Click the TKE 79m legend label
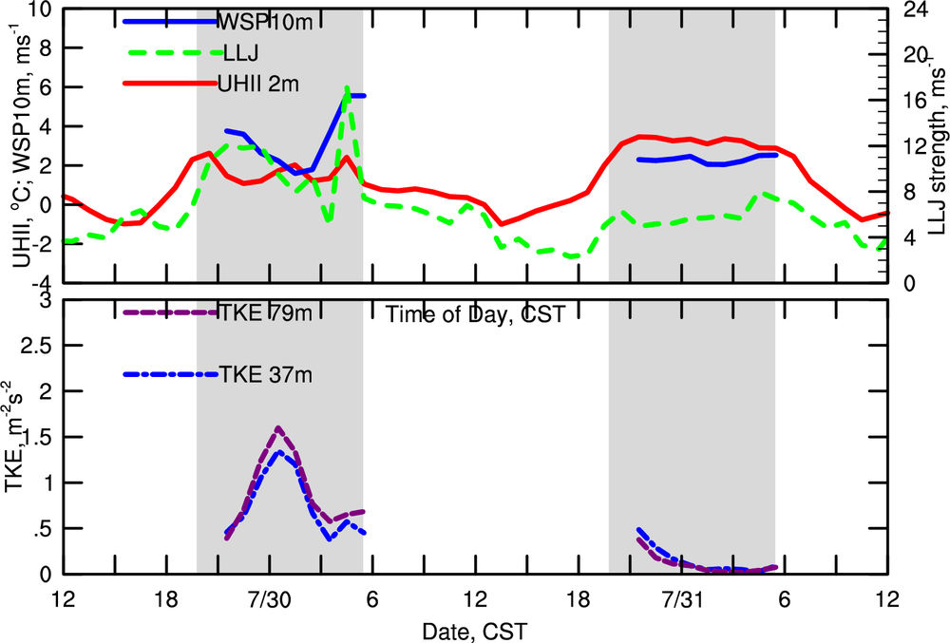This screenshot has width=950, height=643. point(257,312)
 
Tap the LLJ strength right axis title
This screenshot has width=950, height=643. point(936,142)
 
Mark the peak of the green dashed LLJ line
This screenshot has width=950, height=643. point(348,87)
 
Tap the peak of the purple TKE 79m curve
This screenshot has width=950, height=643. point(277,428)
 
